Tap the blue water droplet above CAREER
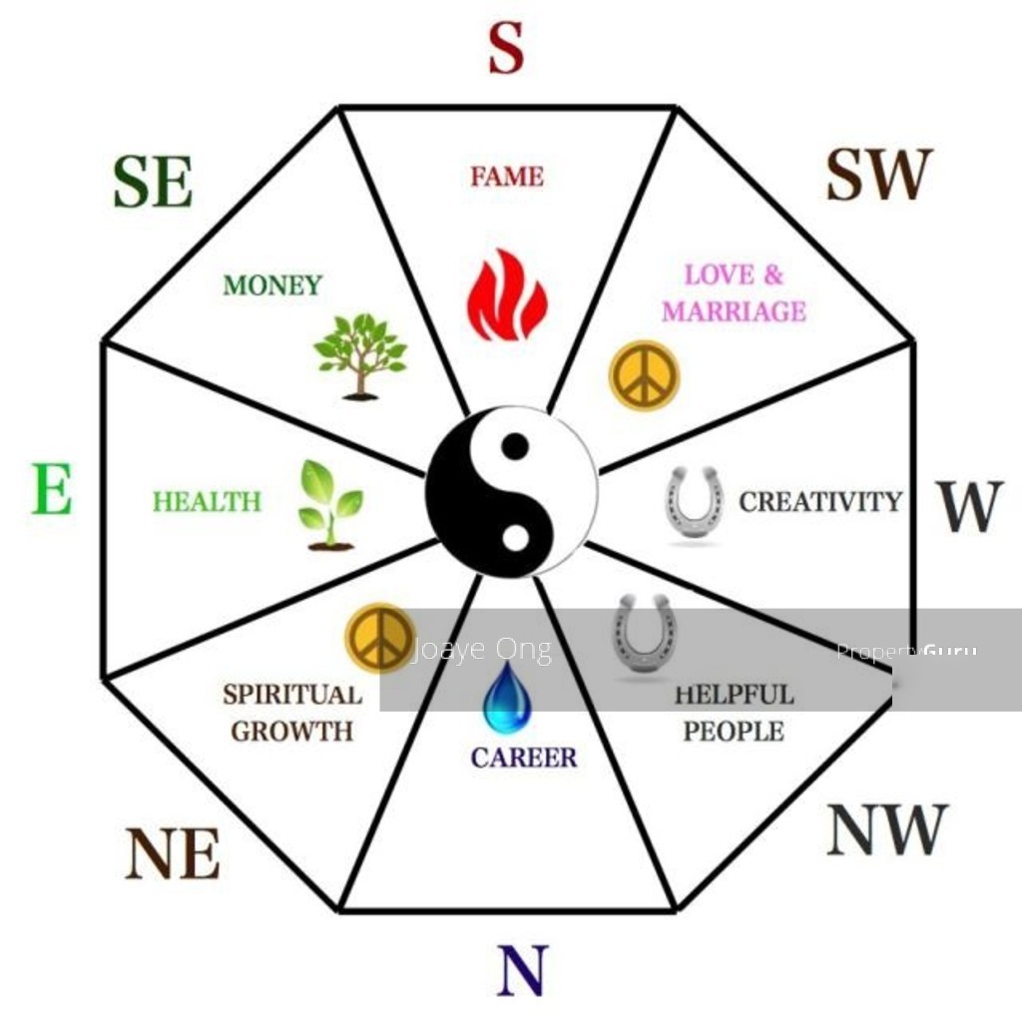click(x=506, y=698)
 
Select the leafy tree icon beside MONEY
click(x=360, y=356)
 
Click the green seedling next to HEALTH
click(x=330, y=506)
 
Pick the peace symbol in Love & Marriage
click(x=644, y=375)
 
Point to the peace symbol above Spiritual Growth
click(x=380, y=638)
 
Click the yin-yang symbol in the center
click(x=512, y=493)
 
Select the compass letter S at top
click(x=506, y=48)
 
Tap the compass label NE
click(x=173, y=853)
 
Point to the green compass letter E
click(x=52, y=489)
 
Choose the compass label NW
click(x=887, y=829)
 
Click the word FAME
click(x=507, y=177)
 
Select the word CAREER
click(x=524, y=758)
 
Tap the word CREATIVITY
click(x=820, y=502)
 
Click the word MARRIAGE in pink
click(x=735, y=310)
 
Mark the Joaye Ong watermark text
click(x=483, y=650)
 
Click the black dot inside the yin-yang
click(x=516, y=446)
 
